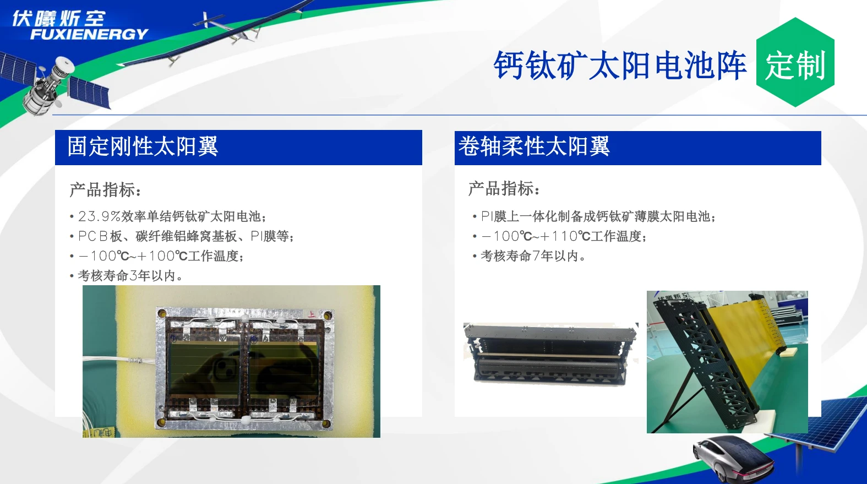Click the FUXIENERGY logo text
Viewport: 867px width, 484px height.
[x=89, y=34]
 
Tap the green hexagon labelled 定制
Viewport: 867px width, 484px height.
[x=795, y=62]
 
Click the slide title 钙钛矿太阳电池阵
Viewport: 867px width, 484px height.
[x=620, y=66]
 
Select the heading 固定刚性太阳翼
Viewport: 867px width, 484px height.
[x=143, y=146]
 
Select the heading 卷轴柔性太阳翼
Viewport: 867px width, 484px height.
[x=534, y=146]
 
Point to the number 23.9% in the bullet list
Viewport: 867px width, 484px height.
[x=100, y=216]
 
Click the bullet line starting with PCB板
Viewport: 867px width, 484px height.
[x=186, y=236]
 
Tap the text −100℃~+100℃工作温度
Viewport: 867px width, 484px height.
[x=160, y=256]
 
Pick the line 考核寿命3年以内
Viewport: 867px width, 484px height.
[x=130, y=276]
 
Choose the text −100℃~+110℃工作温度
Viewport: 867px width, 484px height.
[x=564, y=236]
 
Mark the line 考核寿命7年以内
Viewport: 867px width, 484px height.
[x=533, y=256]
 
